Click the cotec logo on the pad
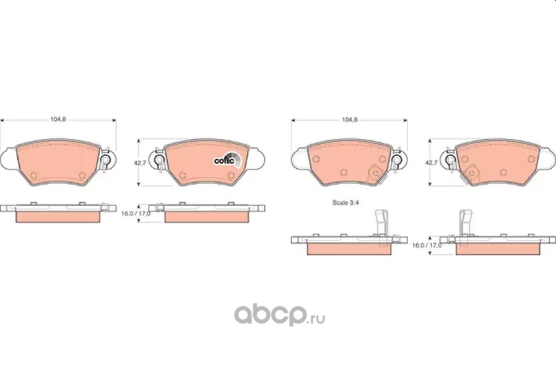pos(227,160)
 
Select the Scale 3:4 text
pos(345,203)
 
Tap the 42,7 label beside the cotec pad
pos(140,163)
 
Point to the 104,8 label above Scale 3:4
pos(349,120)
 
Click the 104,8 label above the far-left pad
pos(58,119)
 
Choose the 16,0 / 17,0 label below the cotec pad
pos(135,214)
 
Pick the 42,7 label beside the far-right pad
pos(431,163)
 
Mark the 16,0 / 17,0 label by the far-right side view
pos(427,246)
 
